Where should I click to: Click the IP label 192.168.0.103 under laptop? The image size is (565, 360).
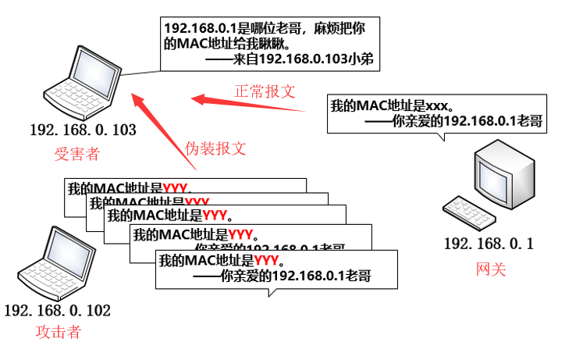pyautogui.click(x=83, y=130)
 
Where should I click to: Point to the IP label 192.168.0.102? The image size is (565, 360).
pyautogui.click(x=57, y=310)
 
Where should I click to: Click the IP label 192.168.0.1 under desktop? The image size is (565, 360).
pyautogui.click(x=489, y=244)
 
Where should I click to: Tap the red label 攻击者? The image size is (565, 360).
pyautogui.click(x=59, y=332)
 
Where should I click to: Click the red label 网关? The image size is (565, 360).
pyautogui.click(x=491, y=269)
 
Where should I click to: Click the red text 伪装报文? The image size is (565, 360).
pyautogui.click(x=215, y=148)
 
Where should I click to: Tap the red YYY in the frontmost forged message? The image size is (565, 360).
pyautogui.click(x=266, y=260)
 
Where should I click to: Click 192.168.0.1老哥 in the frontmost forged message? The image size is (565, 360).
pyautogui.click(x=320, y=276)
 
